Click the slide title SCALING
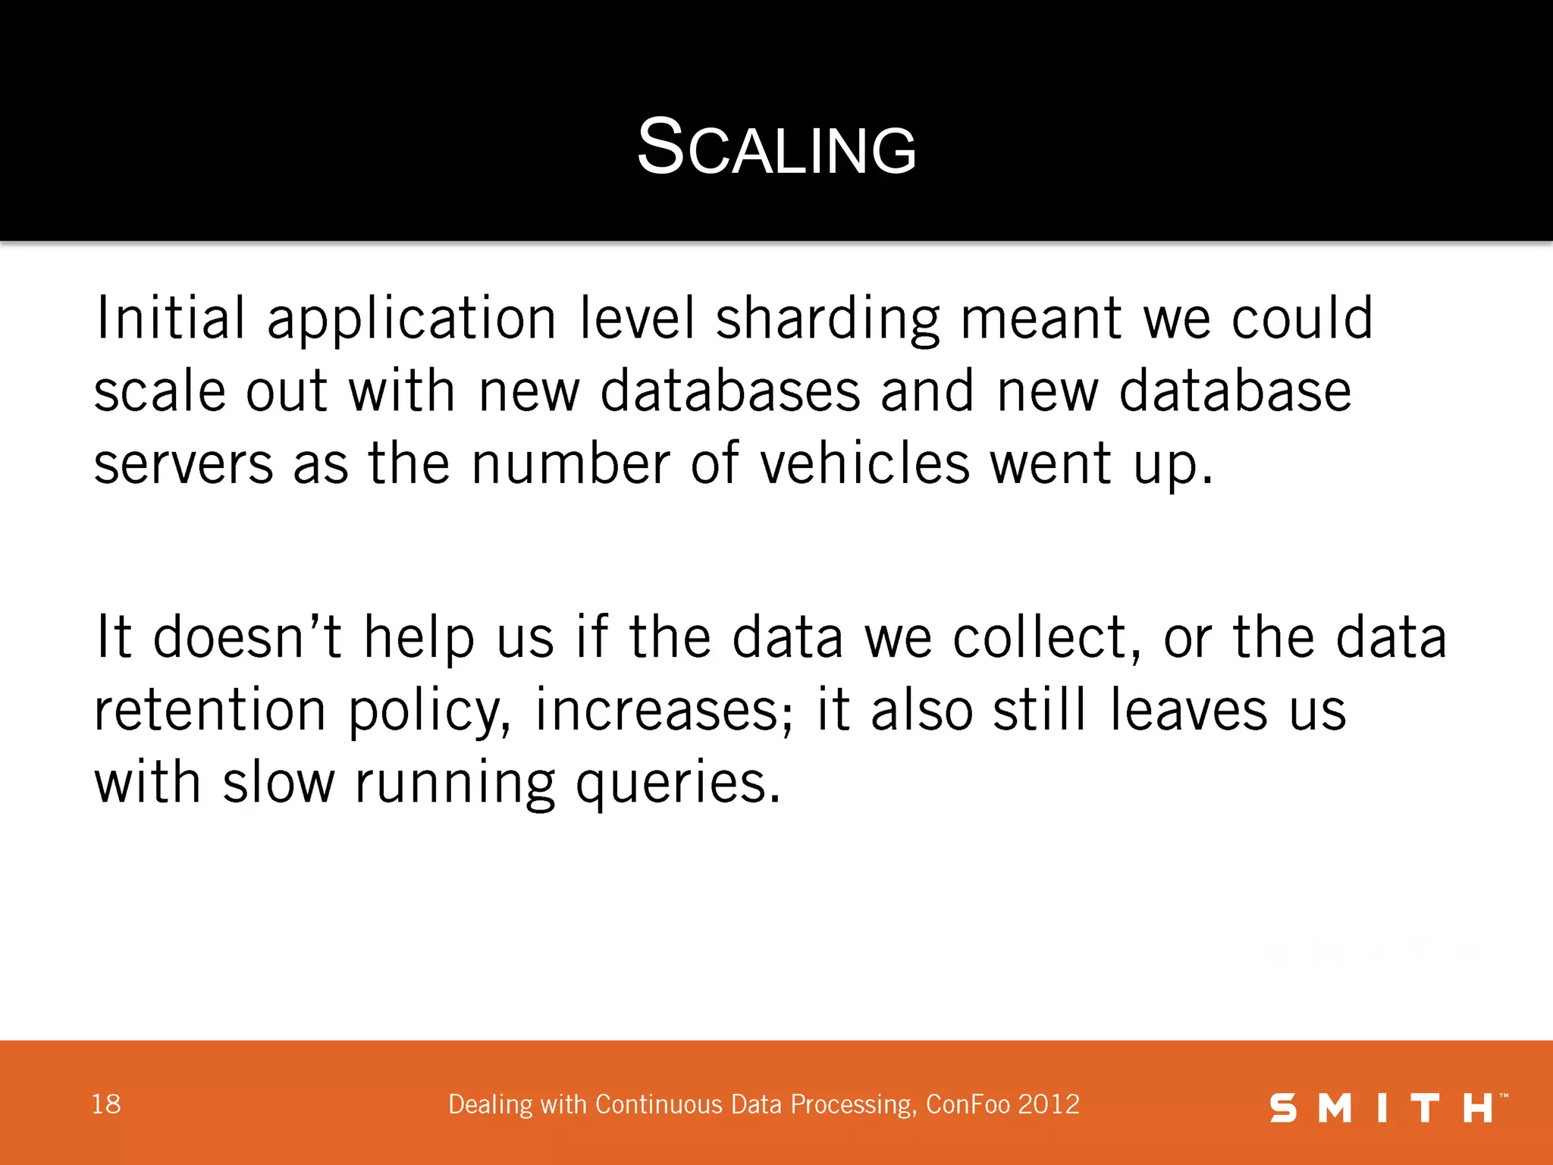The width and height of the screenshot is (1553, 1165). pos(776,148)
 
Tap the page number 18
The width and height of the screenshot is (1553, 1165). pos(106,1104)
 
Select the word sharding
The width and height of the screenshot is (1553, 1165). pos(827,319)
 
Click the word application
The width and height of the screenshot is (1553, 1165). pos(412,319)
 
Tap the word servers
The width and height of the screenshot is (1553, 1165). pos(184,464)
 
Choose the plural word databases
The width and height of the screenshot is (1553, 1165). pos(730,391)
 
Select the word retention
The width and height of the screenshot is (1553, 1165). pos(210,709)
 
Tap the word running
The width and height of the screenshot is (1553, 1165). pos(455,783)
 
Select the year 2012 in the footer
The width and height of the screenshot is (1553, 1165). pos(1049,1104)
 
